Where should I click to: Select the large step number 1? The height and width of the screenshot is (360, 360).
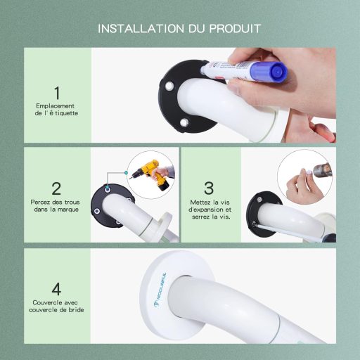[x=56, y=92]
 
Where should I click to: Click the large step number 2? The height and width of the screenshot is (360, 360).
[x=56, y=188]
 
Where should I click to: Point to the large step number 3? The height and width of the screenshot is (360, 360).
[x=208, y=188]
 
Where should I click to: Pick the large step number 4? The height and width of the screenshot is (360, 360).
[x=56, y=288]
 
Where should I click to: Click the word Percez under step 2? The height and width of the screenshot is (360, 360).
[x=44, y=202]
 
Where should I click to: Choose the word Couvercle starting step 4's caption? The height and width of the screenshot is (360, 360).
[x=45, y=302]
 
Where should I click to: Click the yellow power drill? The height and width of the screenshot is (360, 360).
[x=148, y=173]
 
